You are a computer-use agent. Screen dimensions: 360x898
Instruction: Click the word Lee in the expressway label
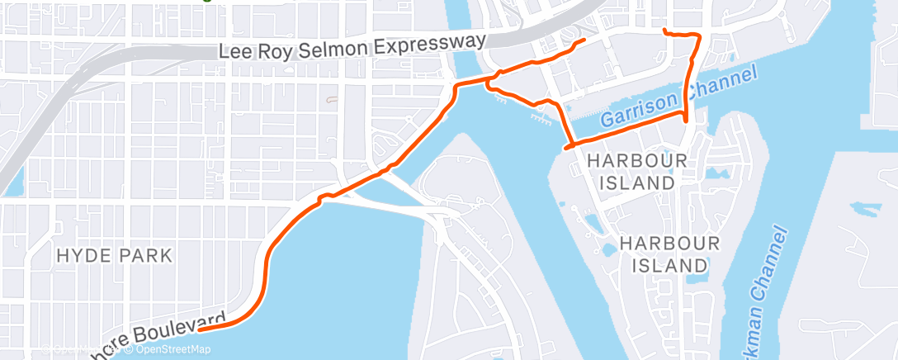[x=234, y=52]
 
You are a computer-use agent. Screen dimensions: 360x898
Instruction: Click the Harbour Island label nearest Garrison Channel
[x=631, y=171]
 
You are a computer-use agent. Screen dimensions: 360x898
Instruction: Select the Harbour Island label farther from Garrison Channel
[x=669, y=254]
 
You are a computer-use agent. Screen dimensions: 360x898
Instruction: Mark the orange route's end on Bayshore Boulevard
[x=201, y=328]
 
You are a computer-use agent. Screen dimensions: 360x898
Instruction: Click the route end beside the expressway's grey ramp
[x=584, y=39]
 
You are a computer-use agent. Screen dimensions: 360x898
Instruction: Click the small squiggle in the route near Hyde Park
[x=325, y=197]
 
